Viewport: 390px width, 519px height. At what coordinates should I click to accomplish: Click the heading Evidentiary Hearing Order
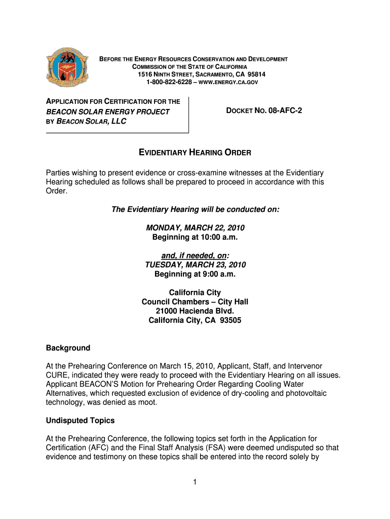click(195, 153)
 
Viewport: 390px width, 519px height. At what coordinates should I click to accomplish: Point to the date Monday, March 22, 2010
click(195, 228)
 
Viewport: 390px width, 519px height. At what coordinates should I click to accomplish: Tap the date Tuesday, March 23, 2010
click(195, 265)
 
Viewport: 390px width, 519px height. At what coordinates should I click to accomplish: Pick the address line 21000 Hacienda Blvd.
click(195, 311)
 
